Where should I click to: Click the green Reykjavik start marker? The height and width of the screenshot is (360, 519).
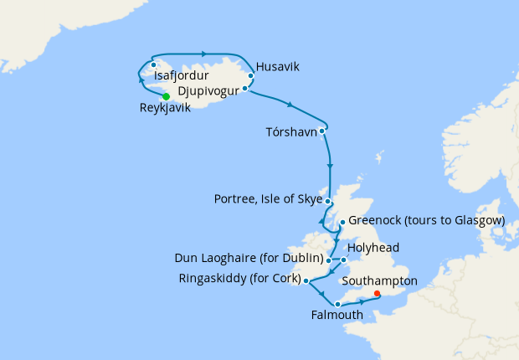point(166,96)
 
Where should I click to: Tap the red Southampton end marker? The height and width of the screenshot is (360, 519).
point(377,294)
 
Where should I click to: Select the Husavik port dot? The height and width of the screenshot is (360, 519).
point(250,76)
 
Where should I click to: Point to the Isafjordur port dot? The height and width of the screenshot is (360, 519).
point(153,64)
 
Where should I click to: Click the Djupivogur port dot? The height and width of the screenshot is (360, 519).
point(245,88)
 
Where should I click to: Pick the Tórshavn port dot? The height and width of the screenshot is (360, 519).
point(321,130)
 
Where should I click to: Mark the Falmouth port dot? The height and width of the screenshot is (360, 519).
point(337,304)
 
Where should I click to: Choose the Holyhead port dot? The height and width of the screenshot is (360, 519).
point(343,260)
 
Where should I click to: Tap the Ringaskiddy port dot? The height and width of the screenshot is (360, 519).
point(306,280)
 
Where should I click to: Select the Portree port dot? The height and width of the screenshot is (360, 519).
point(330,203)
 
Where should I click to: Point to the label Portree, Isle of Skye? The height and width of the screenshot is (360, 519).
point(268,199)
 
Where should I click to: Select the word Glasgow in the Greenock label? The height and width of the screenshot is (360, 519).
point(478,220)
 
